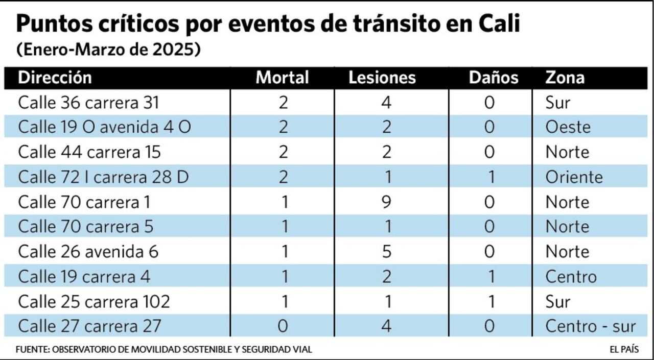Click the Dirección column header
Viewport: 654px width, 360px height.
55,78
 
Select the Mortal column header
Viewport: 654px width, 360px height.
282,78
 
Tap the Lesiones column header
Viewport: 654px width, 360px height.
382,78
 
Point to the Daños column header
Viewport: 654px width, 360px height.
493,78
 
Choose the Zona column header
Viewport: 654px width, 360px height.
565,78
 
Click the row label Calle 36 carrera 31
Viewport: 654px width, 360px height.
88,103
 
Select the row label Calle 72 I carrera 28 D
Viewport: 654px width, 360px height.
103,177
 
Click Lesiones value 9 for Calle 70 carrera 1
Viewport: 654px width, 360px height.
386,202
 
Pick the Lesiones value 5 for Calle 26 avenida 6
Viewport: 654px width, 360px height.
386,252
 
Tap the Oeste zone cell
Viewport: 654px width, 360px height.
568,127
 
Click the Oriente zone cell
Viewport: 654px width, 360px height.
574,177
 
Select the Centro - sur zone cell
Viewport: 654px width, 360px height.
590,326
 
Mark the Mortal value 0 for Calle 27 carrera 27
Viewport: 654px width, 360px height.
283,326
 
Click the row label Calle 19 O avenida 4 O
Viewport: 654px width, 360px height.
104,127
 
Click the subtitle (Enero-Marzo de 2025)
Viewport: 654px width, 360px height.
108,51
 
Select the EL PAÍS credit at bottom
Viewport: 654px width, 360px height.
624,350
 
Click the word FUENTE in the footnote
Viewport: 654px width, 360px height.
32,350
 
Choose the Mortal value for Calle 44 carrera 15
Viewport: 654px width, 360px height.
283,152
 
